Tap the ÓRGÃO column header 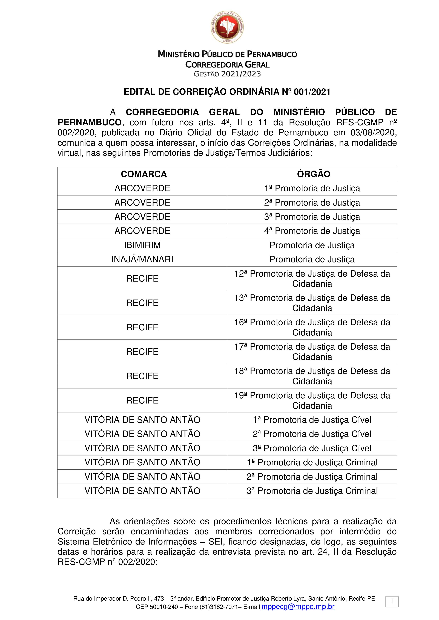click(x=314, y=174)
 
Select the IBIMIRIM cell click(x=142, y=245)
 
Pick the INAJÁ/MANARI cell click(x=142, y=259)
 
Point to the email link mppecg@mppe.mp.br click(x=298, y=607)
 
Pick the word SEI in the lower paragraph click(x=217, y=542)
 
